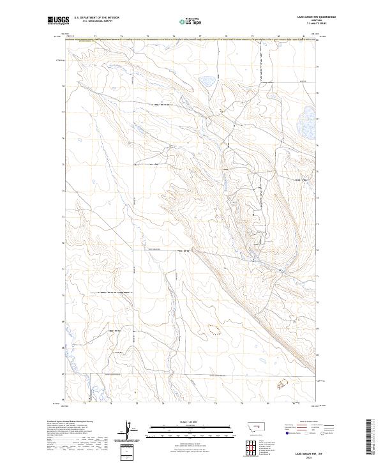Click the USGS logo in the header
pos(57,21)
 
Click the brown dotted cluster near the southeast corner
pos(284,384)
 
